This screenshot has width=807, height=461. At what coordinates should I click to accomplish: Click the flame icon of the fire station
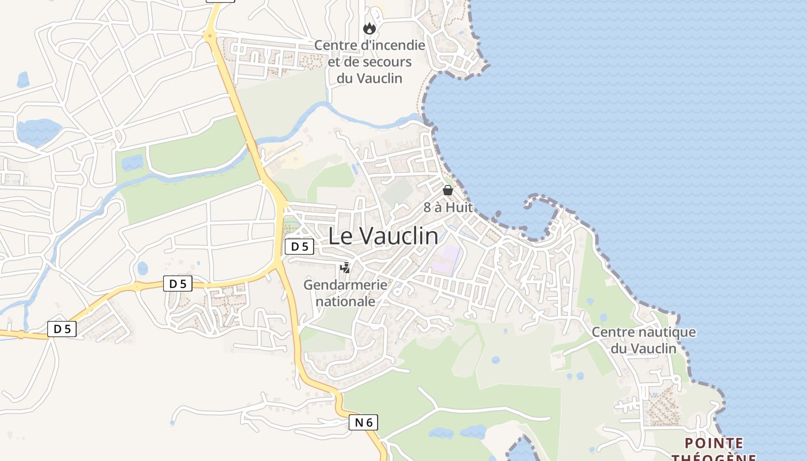[x=369, y=28]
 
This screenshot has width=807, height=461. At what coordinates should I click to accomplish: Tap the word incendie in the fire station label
[x=398, y=45]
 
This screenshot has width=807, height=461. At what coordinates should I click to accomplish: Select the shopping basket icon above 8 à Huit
[x=448, y=190]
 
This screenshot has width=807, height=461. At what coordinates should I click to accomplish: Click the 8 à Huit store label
[x=448, y=207]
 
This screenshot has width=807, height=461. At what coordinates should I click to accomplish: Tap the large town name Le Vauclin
[x=383, y=236]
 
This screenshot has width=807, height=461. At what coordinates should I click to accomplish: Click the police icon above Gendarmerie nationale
[x=345, y=267]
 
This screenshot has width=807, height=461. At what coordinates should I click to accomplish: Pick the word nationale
[x=346, y=301]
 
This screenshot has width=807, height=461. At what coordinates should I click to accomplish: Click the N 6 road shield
[x=363, y=422]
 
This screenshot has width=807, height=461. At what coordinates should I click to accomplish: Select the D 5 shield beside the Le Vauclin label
[x=299, y=247]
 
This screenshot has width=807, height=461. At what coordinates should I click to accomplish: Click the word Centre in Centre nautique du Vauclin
[x=609, y=332]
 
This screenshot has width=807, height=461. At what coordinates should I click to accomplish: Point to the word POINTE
[x=714, y=443]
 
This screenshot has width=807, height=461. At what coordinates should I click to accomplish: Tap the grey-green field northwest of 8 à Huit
[x=397, y=192]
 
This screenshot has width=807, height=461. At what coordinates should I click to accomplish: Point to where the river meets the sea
[x=424, y=119]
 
